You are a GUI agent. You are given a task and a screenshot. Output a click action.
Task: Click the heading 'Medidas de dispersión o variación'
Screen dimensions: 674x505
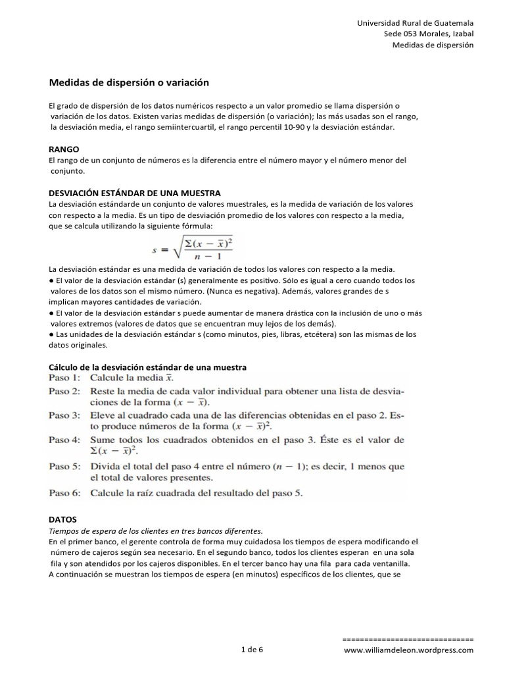(x=129, y=83)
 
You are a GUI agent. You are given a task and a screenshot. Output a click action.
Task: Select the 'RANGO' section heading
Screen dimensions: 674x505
(x=64, y=149)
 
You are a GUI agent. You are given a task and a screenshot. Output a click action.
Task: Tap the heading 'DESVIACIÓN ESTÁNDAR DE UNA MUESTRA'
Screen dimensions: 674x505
(x=135, y=192)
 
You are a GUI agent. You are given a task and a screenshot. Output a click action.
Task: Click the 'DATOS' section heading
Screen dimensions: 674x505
(x=64, y=519)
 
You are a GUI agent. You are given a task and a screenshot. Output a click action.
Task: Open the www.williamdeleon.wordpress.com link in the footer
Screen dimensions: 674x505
(x=408, y=650)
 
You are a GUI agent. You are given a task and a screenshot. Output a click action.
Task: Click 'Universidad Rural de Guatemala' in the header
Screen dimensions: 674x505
(x=415, y=22)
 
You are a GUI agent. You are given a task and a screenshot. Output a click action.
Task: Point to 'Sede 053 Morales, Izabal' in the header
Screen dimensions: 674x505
(x=429, y=34)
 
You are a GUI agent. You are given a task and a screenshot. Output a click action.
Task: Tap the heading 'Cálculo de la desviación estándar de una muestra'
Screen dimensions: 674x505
(x=148, y=367)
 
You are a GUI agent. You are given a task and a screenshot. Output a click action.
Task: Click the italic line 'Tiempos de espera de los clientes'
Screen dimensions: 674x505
(x=156, y=530)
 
